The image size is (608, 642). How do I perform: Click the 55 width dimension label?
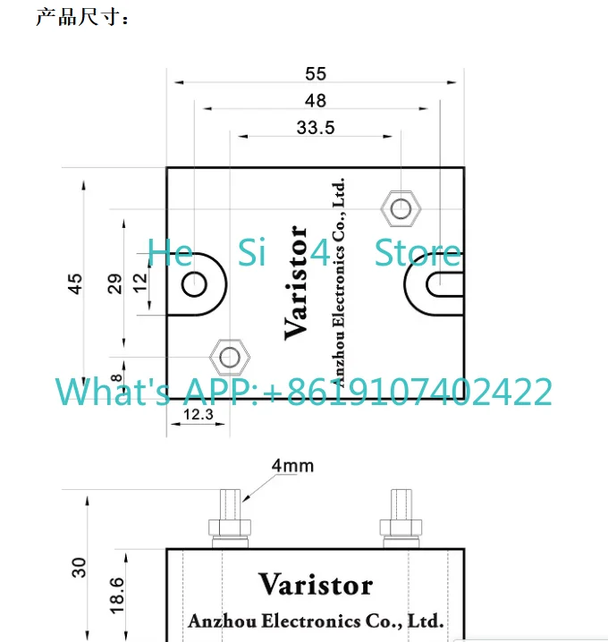point(316,74)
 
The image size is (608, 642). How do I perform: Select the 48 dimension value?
point(316,101)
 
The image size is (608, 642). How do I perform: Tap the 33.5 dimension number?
point(316,128)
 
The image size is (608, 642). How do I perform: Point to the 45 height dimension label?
point(75,283)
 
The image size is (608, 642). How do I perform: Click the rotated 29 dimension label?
point(115,283)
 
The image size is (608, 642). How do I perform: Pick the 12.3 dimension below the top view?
point(198,414)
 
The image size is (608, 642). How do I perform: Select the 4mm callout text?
point(292,466)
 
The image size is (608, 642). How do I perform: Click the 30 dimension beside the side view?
point(79,568)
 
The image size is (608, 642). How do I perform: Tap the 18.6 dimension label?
point(117,596)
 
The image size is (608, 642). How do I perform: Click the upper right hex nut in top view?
point(401,209)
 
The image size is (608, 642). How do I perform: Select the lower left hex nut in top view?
point(230,357)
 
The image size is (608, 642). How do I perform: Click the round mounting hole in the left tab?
point(194,284)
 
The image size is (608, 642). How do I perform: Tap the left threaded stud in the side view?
point(230,519)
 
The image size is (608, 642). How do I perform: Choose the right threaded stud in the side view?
point(401,519)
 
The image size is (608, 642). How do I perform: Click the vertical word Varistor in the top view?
point(296,283)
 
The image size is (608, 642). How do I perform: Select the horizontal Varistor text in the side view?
point(316,584)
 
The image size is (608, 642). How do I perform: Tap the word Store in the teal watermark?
point(418,253)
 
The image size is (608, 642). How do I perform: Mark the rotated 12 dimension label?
point(140,283)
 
